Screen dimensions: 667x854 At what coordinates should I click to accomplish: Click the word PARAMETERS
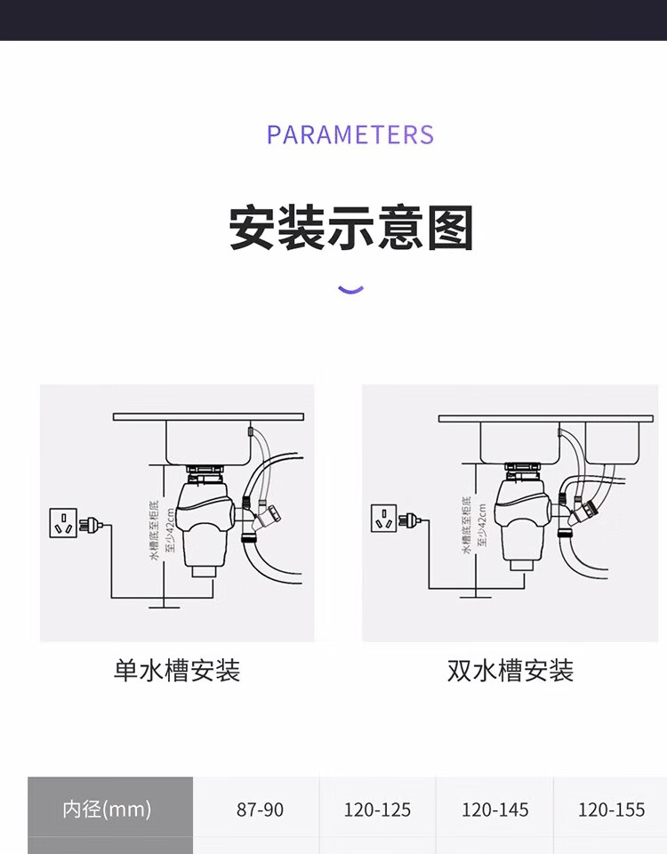(350, 135)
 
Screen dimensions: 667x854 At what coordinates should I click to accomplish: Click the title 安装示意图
(350, 229)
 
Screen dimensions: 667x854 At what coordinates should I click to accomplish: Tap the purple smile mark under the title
(351, 289)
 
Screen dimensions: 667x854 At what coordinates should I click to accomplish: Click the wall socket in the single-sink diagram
(62, 523)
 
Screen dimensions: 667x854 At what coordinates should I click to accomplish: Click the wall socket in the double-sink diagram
(384, 518)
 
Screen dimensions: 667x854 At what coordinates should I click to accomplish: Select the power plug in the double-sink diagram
(408, 518)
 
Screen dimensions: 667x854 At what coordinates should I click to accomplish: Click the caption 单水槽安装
(177, 671)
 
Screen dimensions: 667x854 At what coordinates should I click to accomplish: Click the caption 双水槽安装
(510, 671)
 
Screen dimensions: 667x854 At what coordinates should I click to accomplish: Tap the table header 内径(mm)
(107, 810)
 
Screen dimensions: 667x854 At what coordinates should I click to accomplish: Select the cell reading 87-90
(260, 810)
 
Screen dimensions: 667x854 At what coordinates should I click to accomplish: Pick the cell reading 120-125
(377, 810)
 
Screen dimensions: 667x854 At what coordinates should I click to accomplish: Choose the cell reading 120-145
(494, 810)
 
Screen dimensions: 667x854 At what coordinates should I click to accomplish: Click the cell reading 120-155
(611, 810)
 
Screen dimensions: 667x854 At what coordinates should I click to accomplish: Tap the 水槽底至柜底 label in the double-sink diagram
(467, 525)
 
